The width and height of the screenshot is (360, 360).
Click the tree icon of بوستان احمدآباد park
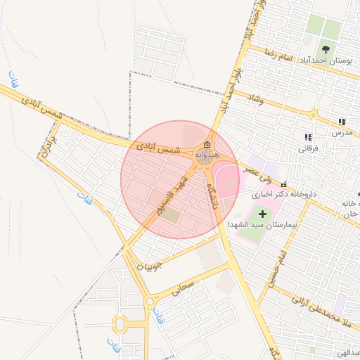(x=326, y=49)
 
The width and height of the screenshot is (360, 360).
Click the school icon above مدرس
(x=342, y=122)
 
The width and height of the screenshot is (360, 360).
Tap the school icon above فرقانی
(x=307, y=137)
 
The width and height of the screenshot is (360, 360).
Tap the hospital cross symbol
(x=263, y=213)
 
